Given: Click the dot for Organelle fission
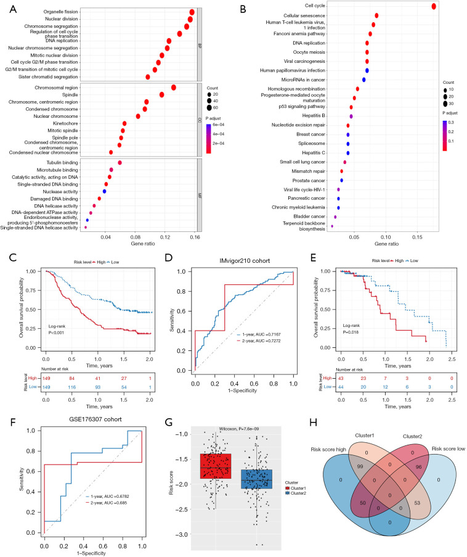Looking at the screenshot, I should point(192,12).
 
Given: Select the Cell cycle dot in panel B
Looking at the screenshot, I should point(434,6).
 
